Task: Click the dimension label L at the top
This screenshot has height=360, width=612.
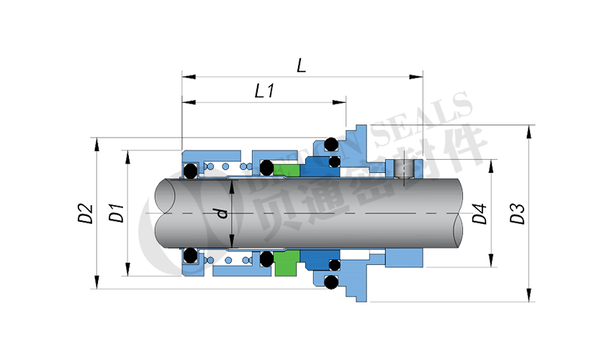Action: [x=302, y=66]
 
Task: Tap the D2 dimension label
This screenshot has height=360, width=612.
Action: [x=86, y=214]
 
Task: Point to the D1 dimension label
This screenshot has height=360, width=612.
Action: [x=115, y=214]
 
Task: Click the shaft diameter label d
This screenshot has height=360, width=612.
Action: [x=222, y=213]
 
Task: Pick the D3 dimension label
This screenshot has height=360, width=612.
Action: [x=518, y=214]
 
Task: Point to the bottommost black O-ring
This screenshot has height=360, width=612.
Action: [x=330, y=283]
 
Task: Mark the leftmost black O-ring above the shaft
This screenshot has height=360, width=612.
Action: [x=191, y=171]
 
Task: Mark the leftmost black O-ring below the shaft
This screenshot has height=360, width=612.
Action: [x=191, y=255]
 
